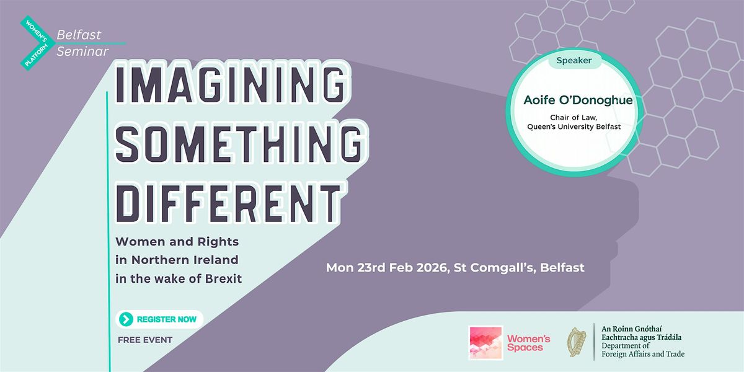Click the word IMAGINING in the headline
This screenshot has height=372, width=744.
(230, 84)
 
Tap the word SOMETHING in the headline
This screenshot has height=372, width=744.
(239, 144)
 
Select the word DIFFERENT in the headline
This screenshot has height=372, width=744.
(229, 203)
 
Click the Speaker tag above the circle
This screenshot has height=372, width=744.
(574, 61)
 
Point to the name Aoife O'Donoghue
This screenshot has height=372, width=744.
(578, 100)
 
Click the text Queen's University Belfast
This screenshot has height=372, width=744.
(574, 126)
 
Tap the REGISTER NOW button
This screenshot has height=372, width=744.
(159, 319)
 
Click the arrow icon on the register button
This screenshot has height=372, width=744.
(126, 319)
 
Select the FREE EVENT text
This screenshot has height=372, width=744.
(145, 340)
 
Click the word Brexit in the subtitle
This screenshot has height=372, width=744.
(223, 278)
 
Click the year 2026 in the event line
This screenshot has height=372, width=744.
(432, 268)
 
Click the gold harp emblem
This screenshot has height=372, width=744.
(577, 342)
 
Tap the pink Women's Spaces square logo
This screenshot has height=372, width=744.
(485, 343)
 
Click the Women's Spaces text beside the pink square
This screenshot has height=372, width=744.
(529, 343)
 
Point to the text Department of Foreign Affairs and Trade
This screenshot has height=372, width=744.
(643, 350)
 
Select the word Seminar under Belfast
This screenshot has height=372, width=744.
(82, 51)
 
